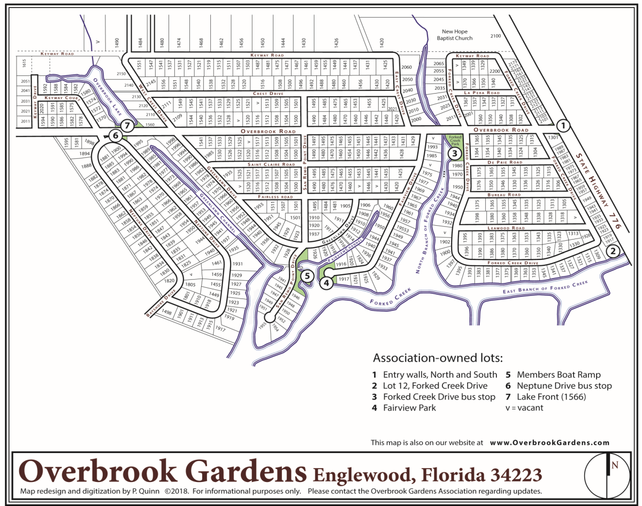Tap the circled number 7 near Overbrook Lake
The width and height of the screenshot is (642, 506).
click(127, 126)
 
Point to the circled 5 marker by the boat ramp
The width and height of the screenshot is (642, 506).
click(307, 276)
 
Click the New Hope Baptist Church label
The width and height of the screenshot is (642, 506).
click(454, 35)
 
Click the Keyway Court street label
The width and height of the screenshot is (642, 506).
click(62, 98)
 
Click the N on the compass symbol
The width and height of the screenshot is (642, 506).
click(615, 465)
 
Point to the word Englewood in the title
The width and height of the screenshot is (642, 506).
click(364, 474)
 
